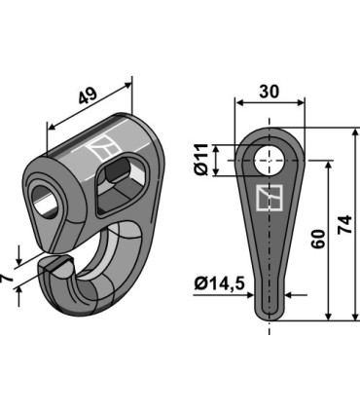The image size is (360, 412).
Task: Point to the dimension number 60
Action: (x=317, y=240)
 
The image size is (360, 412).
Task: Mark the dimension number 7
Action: (x=8, y=280)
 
